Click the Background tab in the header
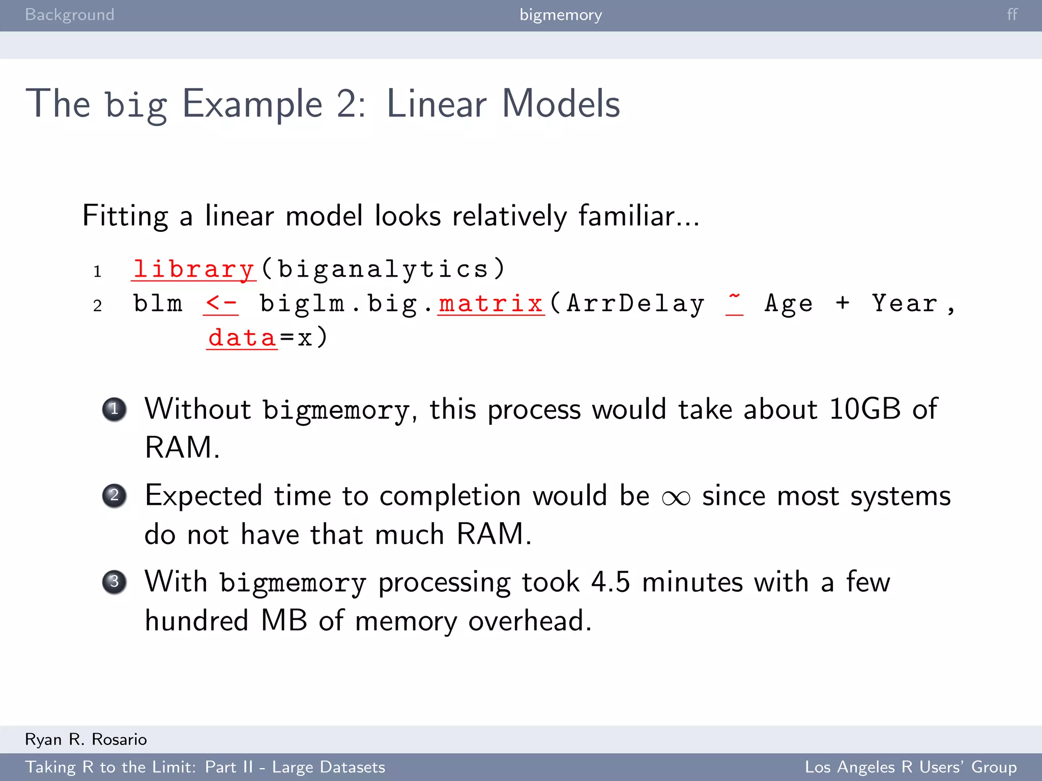(70, 15)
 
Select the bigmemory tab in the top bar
(561, 15)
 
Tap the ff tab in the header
(1012, 15)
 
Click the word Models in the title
(561, 104)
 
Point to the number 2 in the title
(347, 104)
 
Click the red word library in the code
(193, 269)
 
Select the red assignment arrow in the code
(221, 304)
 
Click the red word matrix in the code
(491, 304)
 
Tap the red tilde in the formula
(734, 300)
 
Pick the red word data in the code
(242, 338)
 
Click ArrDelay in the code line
(635, 304)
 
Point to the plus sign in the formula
(843, 303)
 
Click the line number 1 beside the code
(97, 272)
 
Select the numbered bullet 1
(114, 409)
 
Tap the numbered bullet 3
(114, 582)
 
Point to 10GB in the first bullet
(865, 409)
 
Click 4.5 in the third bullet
(610, 582)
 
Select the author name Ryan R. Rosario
(86, 739)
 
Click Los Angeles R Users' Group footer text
(910, 767)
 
